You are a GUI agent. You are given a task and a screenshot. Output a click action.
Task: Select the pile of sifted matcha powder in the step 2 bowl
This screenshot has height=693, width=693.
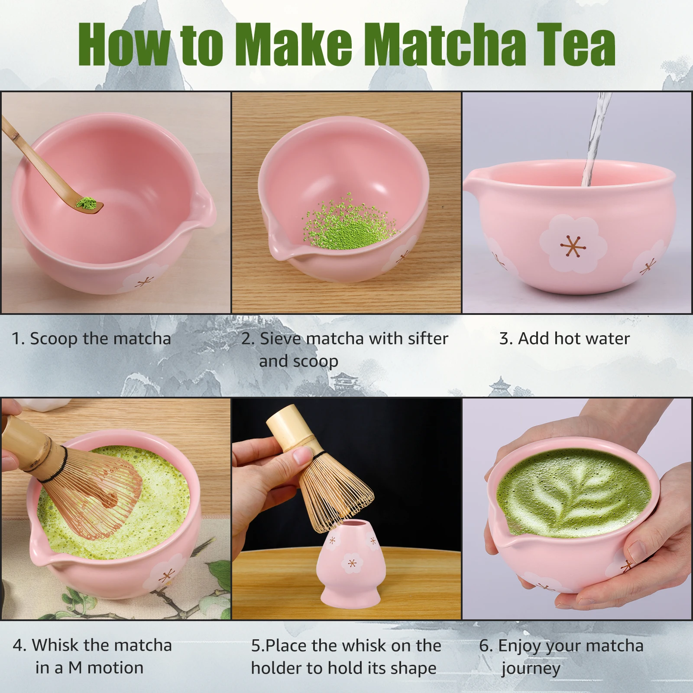[349, 226]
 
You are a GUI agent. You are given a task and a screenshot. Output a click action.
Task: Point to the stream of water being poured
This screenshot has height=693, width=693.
[596, 139]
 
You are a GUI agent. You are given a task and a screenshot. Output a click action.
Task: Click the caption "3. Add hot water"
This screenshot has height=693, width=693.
[564, 339]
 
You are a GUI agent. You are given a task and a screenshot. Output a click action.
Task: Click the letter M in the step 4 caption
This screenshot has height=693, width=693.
[75, 668]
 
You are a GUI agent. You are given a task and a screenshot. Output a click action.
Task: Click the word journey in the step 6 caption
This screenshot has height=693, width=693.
[531, 670]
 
